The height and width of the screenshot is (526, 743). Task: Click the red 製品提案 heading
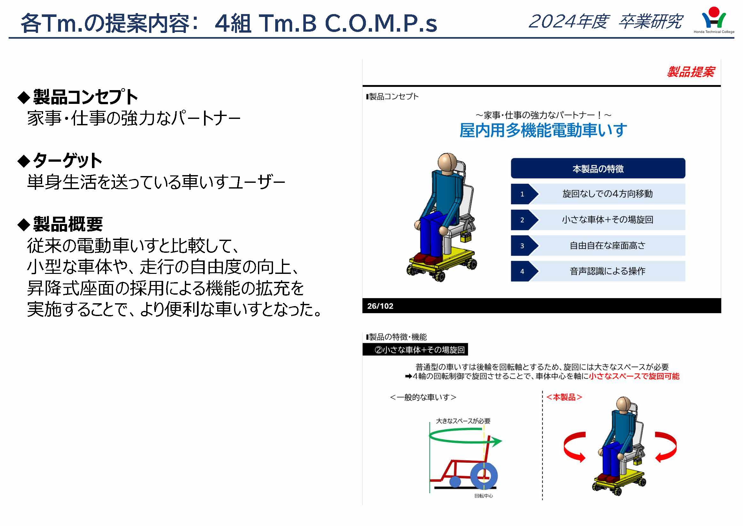[690, 72]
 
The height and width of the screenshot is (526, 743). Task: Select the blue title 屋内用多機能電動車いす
[543, 130]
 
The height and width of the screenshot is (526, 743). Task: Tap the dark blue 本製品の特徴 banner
[598, 168]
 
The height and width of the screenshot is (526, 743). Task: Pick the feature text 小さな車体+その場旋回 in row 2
[607, 220]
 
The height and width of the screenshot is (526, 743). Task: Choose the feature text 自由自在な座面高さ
[607, 245]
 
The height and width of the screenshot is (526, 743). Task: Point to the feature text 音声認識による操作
[607, 271]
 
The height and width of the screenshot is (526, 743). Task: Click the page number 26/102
[380, 306]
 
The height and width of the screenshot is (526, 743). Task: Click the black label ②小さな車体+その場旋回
[415, 350]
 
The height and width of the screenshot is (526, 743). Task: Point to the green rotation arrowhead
[495, 441]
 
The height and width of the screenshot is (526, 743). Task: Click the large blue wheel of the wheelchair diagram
[484, 476]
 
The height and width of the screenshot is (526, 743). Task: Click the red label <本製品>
[564, 397]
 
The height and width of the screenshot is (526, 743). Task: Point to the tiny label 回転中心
[483, 496]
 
